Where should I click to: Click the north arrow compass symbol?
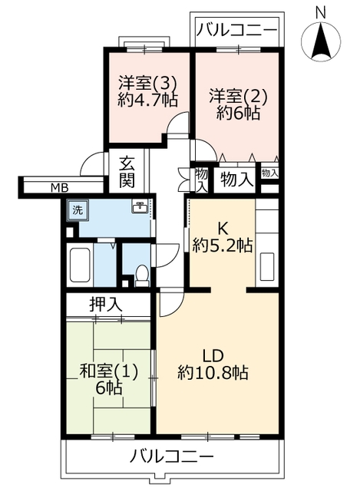tap(321, 41)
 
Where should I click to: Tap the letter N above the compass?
tap(321, 13)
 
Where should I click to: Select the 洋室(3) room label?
tap(148, 84)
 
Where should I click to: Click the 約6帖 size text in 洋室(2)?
tap(239, 113)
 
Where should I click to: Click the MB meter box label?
tap(60, 188)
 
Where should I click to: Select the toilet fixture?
tap(142, 276)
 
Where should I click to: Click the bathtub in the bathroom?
tap(80, 265)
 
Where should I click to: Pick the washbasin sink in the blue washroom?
tap(140, 206)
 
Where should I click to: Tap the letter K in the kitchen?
tap(223, 229)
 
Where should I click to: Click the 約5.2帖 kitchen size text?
tap(223, 245)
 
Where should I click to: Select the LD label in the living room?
tap(213, 356)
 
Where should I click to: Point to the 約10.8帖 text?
tap(213, 373)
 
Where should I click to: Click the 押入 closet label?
tap(106, 305)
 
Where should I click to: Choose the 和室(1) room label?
tap(109, 372)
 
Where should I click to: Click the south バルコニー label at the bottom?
tap(172, 456)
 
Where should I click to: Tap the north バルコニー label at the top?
tap(237, 31)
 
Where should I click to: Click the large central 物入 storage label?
tap(236, 180)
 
